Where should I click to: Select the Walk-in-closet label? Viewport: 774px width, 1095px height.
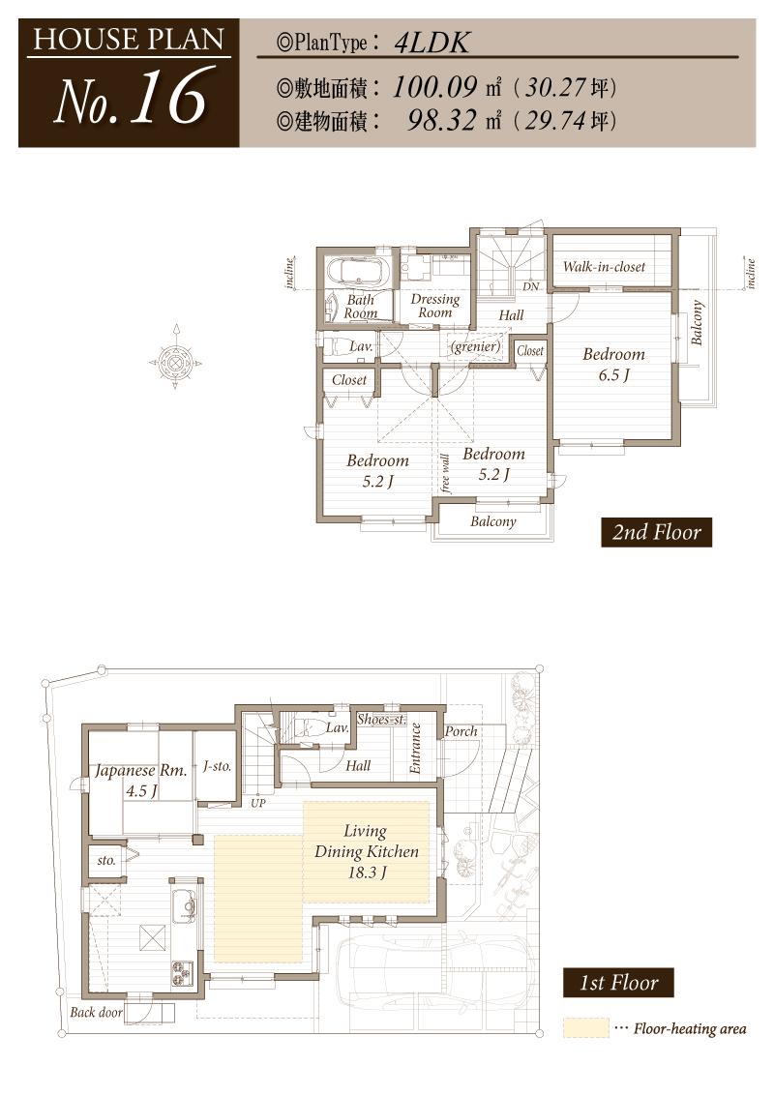[x=604, y=266]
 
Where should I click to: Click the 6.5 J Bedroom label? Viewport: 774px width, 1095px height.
[x=613, y=364]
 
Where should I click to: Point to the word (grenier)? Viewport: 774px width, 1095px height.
[x=475, y=346]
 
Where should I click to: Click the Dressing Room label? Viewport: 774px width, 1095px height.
[x=434, y=306]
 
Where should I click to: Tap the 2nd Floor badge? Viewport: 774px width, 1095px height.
[x=656, y=532]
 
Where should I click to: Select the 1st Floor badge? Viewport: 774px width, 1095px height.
[x=618, y=983]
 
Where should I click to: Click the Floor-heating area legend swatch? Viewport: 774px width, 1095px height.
[x=585, y=1027]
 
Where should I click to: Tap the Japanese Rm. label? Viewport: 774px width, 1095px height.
[x=140, y=780]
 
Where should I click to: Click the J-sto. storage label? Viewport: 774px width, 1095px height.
[x=217, y=766]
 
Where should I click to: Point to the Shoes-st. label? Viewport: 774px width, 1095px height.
[x=379, y=719]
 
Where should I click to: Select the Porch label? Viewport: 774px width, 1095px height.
[x=461, y=731]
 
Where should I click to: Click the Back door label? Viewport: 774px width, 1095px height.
[x=96, y=1013]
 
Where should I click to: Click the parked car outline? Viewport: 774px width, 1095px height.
[x=426, y=972]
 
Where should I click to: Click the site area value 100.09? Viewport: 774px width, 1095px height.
[x=435, y=88]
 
